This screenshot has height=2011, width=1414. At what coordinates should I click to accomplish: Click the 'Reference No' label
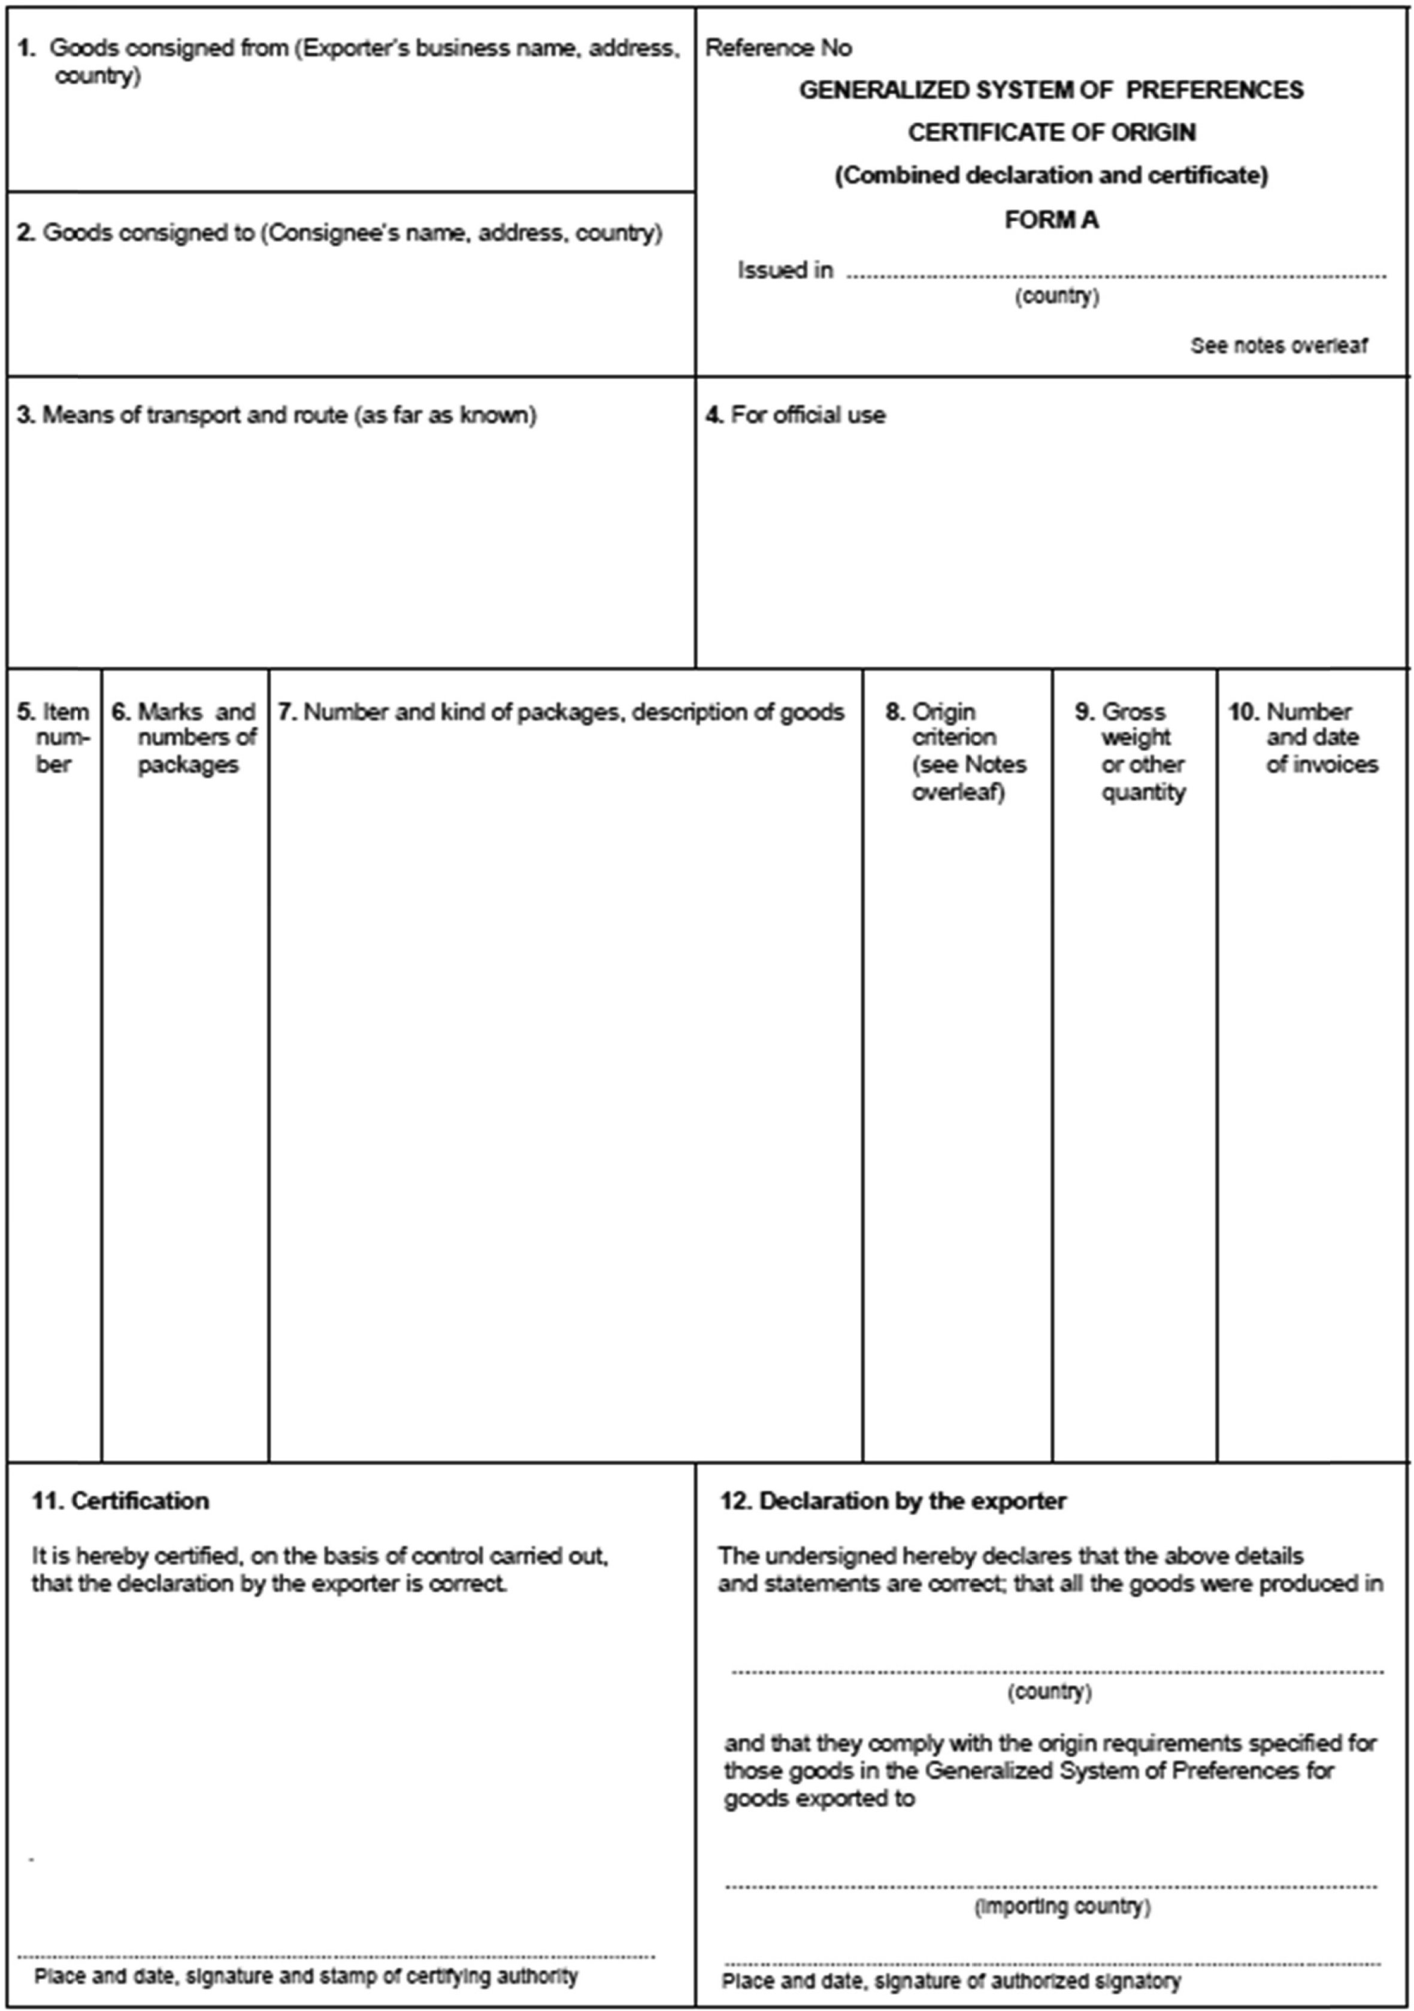click(x=777, y=48)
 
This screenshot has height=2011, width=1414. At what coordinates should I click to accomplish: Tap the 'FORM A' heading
click(x=1050, y=220)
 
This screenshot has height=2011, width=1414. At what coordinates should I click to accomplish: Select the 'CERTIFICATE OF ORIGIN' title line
click(x=1050, y=132)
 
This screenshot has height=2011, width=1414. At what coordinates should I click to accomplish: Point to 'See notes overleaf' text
click(x=1278, y=346)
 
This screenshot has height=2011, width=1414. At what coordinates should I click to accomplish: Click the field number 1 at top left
click(x=26, y=48)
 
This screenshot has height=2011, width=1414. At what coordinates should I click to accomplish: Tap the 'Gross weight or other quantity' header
click(x=1133, y=751)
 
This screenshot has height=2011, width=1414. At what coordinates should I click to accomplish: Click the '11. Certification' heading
click(x=121, y=1500)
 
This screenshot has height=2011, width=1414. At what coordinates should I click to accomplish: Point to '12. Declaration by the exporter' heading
click(x=893, y=1500)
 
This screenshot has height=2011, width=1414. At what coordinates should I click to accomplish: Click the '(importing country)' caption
click(x=1062, y=1907)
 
